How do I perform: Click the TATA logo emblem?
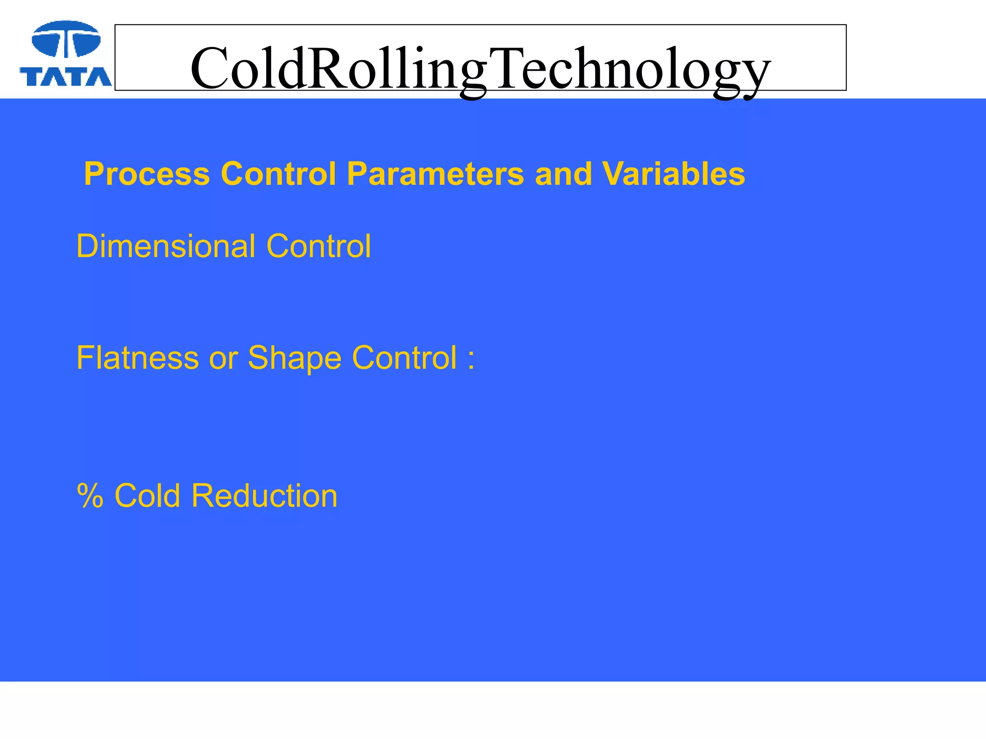pyautogui.click(x=66, y=39)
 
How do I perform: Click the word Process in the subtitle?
pyautogui.click(x=147, y=174)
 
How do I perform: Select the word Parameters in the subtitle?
pyautogui.click(x=435, y=174)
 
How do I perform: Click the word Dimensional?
pyautogui.click(x=166, y=246)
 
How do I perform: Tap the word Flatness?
pyautogui.click(x=137, y=358)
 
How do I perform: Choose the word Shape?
pyautogui.click(x=294, y=359)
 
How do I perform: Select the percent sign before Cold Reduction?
pyautogui.click(x=90, y=496)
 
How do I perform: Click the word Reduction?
pyautogui.click(x=264, y=496)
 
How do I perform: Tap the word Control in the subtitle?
pyautogui.click(x=278, y=174)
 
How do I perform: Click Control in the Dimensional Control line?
pyautogui.click(x=318, y=246)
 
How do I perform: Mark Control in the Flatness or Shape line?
pyautogui.click(x=404, y=358)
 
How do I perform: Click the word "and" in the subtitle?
pyautogui.click(x=563, y=174)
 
